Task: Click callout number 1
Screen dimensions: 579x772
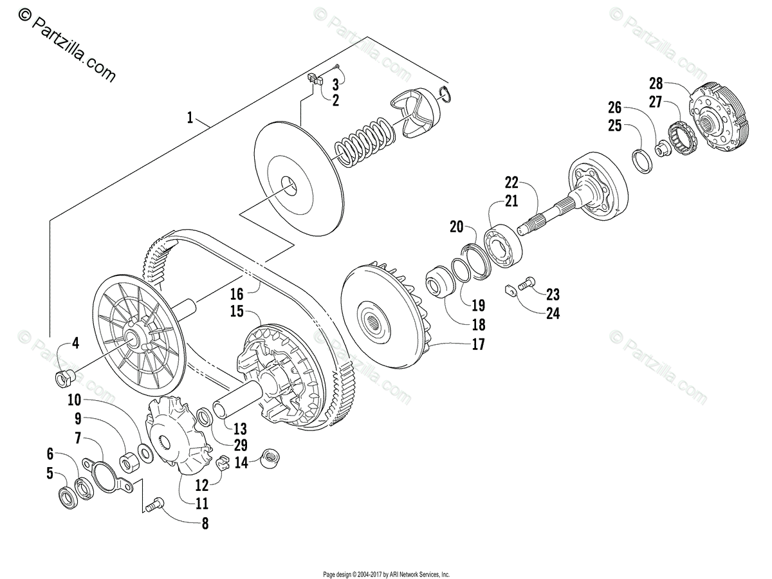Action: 190,117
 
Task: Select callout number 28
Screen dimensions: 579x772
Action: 656,84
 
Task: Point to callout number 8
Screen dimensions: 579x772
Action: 205,524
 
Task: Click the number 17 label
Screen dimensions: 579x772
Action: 478,345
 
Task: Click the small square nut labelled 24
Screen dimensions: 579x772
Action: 508,293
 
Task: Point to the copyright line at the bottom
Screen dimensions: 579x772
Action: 386,574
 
